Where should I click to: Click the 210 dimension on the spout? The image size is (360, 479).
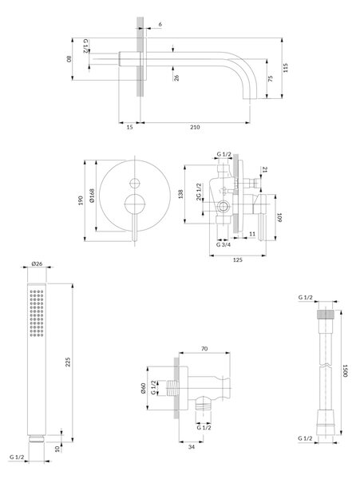(x=195, y=127)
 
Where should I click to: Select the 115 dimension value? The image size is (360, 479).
(x=286, y=68)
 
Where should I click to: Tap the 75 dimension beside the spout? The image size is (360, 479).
(x=271, y=78)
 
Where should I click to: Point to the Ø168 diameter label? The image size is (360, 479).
(x=92, y=196)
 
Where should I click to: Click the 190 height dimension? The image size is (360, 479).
(x=81, y=200)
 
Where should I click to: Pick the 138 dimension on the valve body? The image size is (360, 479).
(x=180, y=194)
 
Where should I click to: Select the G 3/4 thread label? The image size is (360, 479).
(x=224, y=245)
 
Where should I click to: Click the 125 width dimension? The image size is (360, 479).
(x=238, y=259)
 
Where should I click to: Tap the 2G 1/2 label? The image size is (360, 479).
(x=199, y=192)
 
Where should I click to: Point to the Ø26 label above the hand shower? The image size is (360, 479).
(x=37, y=263)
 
